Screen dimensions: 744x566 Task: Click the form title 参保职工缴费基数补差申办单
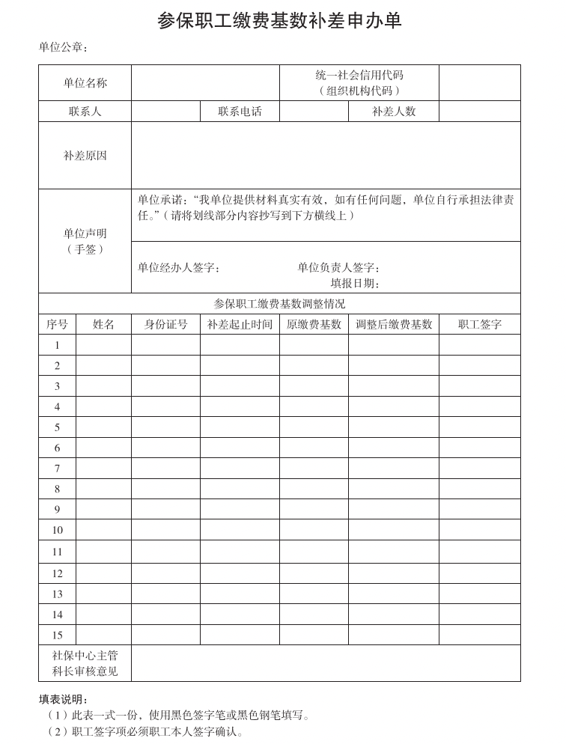coord(279,20)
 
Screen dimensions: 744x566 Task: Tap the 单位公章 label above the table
coord(64,48)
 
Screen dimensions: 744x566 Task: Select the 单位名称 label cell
coord(85,83)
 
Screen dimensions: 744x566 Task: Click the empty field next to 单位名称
coord(205,83)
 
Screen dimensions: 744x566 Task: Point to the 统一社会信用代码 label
coord(359,76)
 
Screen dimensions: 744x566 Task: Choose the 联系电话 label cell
coord(240,112)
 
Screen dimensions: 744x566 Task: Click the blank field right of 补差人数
coord(479,112)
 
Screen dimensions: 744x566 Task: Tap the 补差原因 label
coord(85,156)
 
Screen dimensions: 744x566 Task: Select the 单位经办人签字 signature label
coord(179,267)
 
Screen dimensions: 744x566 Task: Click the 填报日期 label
coord(356,284)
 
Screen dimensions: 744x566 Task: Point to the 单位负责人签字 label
coord(339,267)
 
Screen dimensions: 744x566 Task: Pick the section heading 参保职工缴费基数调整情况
coord(279,304)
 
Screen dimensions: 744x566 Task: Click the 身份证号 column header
coord(165,324)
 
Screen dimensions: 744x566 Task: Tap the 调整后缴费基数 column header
coord(393,324)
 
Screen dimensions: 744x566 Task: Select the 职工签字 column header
coord(479,324)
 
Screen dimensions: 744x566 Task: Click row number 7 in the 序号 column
coord(57,469)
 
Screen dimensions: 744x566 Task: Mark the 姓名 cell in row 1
coord(103,345)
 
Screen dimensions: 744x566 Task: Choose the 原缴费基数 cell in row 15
coord(314,635)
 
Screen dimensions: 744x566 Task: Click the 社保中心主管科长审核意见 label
coord(85,663)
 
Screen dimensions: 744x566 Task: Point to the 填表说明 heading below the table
coord(64,699)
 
